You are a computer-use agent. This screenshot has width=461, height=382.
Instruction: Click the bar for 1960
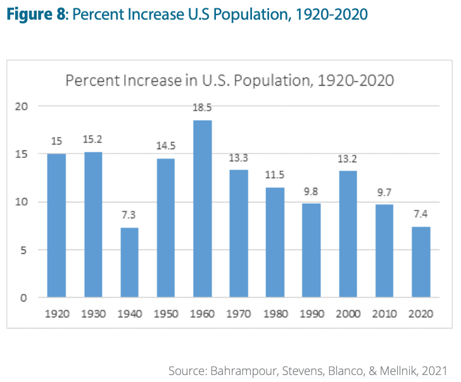point(202,209)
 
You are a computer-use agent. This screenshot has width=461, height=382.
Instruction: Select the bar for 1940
point(129,263)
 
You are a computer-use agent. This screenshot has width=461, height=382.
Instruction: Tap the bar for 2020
point(420,262)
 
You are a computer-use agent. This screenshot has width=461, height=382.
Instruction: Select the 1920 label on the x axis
point(56,313)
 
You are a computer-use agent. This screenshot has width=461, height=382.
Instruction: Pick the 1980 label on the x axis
point(275,313)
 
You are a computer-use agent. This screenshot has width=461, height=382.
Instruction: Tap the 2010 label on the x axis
point(384,313)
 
